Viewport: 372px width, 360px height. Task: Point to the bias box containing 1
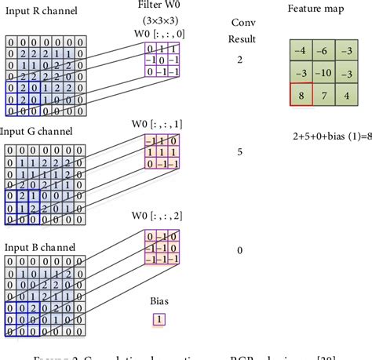(159, 319)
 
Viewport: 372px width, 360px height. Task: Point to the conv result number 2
(239, 59)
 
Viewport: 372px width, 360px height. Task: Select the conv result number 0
(239, 250)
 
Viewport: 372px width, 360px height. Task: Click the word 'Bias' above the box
(159, 300)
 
